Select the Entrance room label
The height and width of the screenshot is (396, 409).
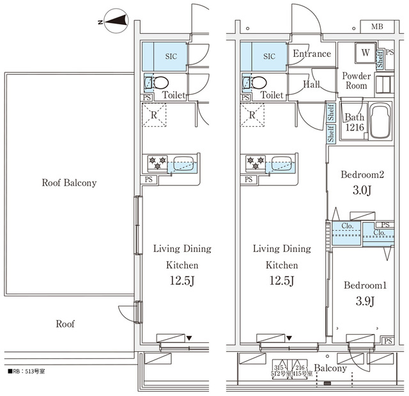point(312,54)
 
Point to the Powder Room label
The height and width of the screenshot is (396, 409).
point(356,81)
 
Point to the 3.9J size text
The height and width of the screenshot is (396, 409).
point(364,301)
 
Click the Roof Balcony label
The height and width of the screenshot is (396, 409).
point(69,183)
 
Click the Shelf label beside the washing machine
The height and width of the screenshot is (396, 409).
point(380,59)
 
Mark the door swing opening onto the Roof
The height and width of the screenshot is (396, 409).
point(128,313)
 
